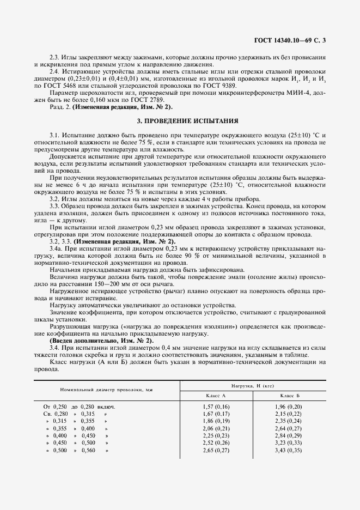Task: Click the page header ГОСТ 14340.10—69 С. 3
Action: coord(292,40)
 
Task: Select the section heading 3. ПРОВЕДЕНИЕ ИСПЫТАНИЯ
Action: coord(179,120)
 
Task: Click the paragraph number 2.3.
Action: coord(55,56)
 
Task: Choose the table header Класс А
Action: coord(215,394)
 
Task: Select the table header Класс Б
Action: coord(290,394)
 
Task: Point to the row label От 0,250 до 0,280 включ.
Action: coord(80,406)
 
